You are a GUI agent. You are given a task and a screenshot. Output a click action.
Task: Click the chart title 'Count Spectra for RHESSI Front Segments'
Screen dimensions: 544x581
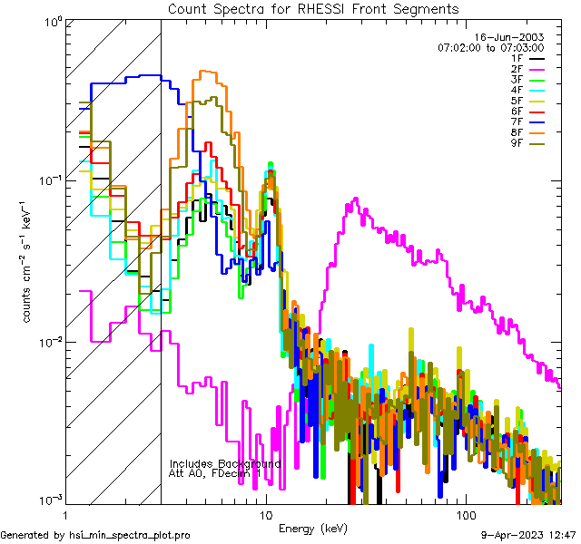click(313, 8)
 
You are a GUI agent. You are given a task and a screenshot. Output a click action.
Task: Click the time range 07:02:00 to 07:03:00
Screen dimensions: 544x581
click(490, 47)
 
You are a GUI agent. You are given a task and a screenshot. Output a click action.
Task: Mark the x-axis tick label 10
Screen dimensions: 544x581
click(265, 515)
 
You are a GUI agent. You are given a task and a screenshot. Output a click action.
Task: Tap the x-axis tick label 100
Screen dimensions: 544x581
click(464, 515)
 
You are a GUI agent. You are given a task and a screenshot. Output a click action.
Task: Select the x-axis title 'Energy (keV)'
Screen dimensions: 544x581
click(313, 528)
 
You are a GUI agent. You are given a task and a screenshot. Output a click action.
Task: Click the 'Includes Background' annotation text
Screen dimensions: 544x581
click(224, 463)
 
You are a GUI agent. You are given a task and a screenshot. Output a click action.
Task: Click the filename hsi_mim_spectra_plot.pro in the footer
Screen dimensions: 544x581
click(129, 535)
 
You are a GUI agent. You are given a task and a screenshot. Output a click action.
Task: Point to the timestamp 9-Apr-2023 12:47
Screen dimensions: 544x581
click(527, 535)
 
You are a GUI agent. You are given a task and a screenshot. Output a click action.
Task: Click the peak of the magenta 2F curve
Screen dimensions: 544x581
click(355, 199)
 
